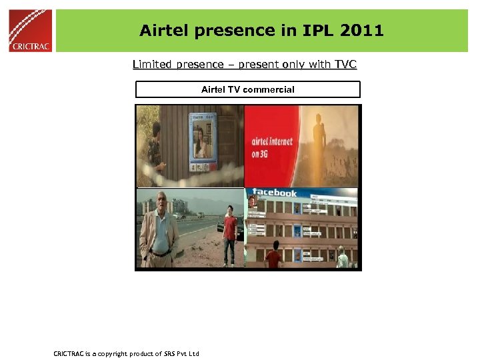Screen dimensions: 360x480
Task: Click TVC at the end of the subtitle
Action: pyautogui.click(x=345, y=65)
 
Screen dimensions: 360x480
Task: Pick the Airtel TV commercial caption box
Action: pyautogui.click(x=247, y=89)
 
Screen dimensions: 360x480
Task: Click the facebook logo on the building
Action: pyautogui.click(x=274, y=193)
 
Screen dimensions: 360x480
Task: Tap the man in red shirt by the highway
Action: pyautogui.click(x=229, y=233)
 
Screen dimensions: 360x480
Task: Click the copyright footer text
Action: pyautogui.click(x=126, y=353)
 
